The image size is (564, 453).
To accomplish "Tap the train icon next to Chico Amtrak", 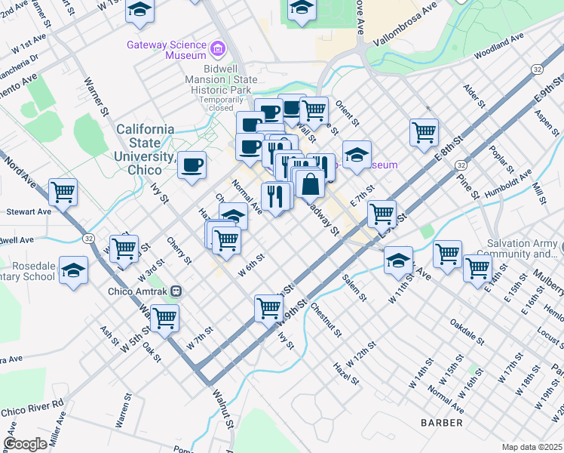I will click(176, 291).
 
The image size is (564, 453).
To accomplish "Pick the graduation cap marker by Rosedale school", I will click(73, 270).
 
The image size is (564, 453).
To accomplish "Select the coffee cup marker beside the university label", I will click(192, 164).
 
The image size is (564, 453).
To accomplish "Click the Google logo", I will click(25, 443).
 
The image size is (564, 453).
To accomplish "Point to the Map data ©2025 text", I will click(532, 447).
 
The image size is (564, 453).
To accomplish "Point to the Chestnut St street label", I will click(326, 318).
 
